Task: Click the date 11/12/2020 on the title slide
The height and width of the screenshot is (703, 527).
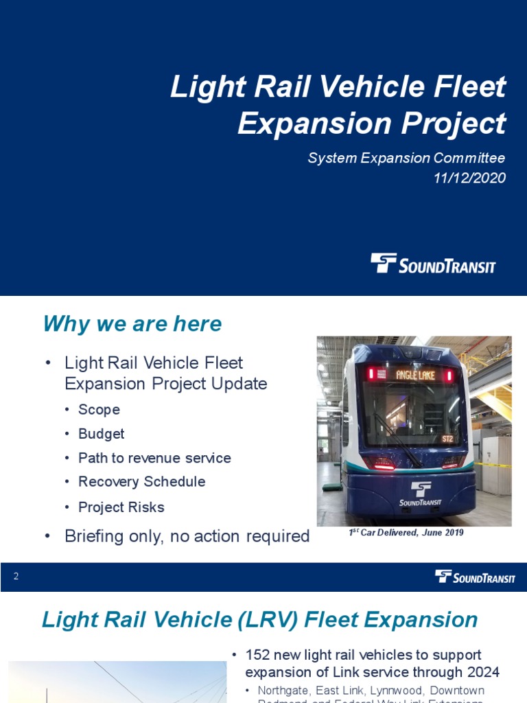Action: click(x=469, y=178)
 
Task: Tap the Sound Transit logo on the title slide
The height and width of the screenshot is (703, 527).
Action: click(x=433, y=263)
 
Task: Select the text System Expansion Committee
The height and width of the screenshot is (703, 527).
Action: click(x=406, y=158)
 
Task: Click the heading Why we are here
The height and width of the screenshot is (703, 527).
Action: click(x=132, y=323)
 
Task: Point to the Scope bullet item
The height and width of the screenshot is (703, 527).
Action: click(x=99, y=410)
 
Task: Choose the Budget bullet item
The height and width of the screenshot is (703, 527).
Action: click(x=101, y=434)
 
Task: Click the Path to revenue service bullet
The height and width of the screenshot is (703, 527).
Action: click(x=154, y=458)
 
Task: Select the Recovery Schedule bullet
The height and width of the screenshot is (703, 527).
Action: click(x=141, y=482)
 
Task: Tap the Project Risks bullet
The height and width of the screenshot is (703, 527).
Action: click(x=121, y=507)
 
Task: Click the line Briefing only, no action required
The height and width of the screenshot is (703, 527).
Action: click(x=187, y=536)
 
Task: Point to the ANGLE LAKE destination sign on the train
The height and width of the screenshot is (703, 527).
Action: click(x=415, y=375)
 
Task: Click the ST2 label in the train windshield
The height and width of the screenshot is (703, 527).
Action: click(x=447, y=438)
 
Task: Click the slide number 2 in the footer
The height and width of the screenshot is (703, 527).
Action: click(x=16, y=577)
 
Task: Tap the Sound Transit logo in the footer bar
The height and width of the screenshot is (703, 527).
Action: click(x=475, y=577)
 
